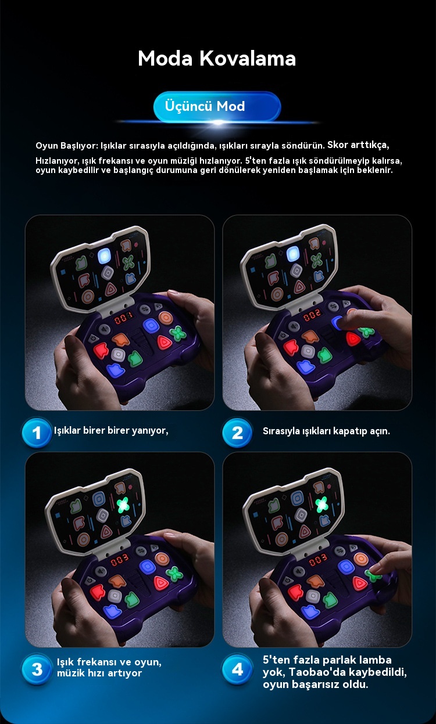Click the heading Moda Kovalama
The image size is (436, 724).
click(x=217, y=59)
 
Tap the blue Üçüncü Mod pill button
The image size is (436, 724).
click(x=217, y=107)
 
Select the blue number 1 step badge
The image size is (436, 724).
click(x=37, y=433)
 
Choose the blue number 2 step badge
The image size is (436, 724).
click(x=237, y=433)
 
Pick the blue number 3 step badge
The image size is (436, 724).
click(x=37, y=669)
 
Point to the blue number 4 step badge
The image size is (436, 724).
click(x=237, y=669)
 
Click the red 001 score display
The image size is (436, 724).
click(x=123, y=319)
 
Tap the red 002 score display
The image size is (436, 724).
click(x=312, y=315)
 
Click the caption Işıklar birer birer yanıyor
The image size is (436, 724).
click(x=111, y=431)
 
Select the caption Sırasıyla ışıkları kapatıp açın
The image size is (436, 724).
click(x=326, y=431)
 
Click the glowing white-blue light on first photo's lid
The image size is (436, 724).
click(x=104, y=255)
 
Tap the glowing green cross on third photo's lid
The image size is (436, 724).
click(x=123, y=505)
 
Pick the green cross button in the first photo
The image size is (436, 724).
click(x=178, y=333)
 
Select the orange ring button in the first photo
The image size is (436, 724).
click(x=166, y=318)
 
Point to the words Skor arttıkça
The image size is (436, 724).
click(x=358, y=145)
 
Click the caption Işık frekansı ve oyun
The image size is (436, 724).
click(x=109, y=662)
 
